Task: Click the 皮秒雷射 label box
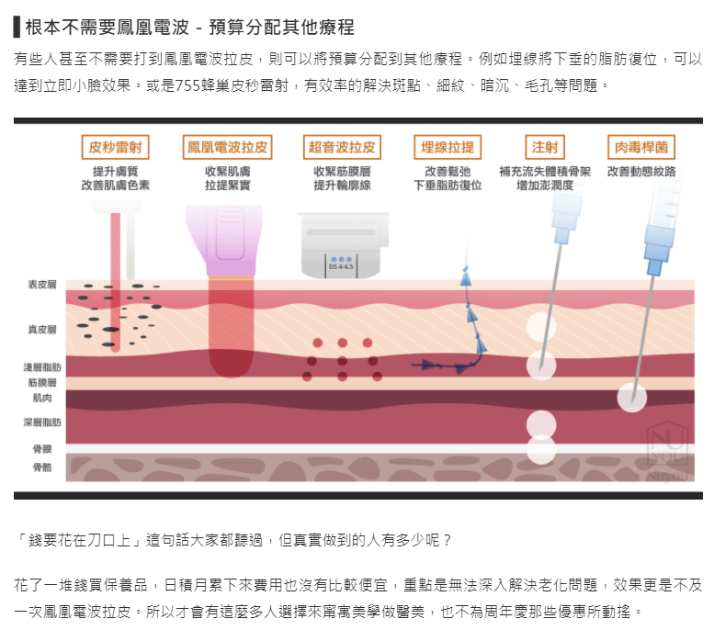click(115, 147)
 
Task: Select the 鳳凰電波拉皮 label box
click(228, 147)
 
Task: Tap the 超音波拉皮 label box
click(341, 147)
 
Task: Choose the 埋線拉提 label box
click(448, 147)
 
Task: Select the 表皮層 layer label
click(43, 285)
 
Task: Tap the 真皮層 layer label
click(43, 328)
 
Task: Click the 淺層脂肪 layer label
click(43, 366)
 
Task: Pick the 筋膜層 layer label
click(43, 381)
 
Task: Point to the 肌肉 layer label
click(43, 399)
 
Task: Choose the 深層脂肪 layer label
click(43, 422)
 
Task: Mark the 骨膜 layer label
click(43, 448)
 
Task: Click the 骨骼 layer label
click(43, 467)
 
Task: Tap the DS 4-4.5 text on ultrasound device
click(341, 267)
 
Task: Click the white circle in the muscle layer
click(632, 398)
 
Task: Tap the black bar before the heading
click(17, 26)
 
